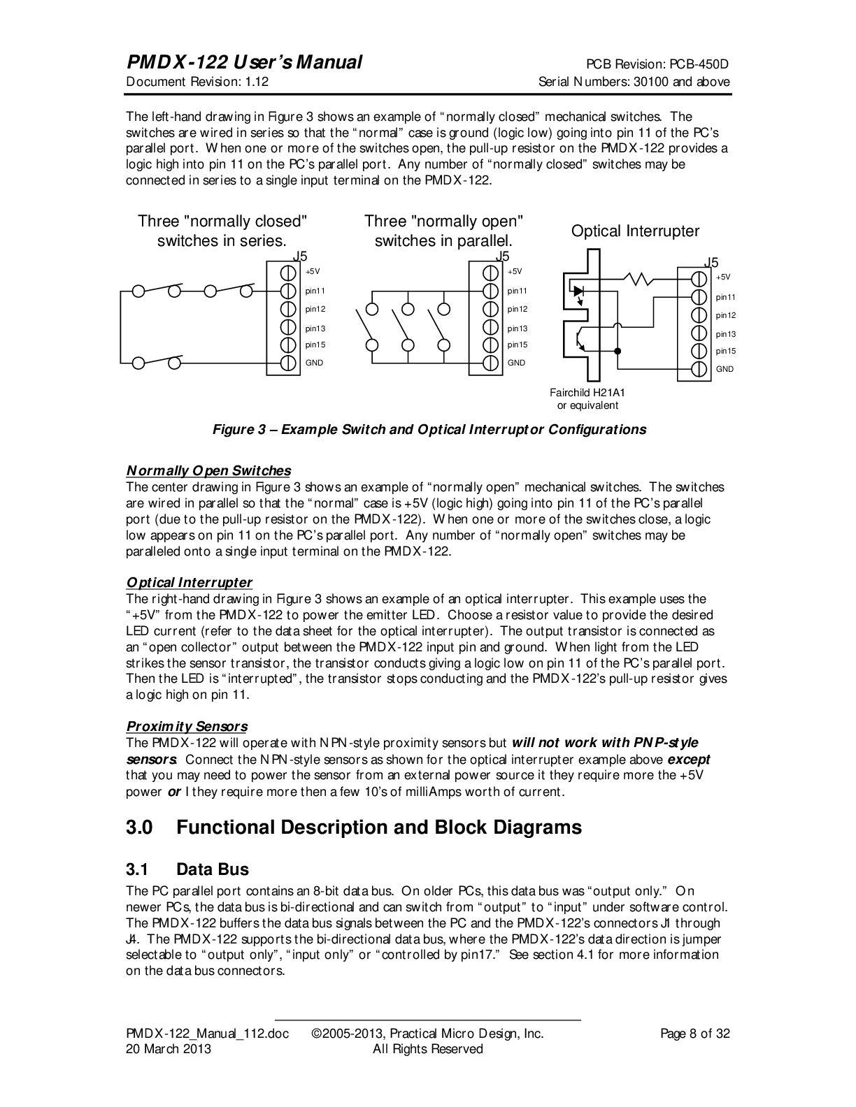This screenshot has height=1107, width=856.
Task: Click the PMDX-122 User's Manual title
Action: click(243, 62)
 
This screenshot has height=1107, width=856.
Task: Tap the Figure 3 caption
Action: click(429, 429)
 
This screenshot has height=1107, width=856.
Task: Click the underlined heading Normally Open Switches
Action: click(208, 470)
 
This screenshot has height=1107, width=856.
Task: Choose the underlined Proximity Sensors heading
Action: click(186, 726)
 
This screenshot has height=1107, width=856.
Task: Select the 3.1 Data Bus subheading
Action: click(187, 869)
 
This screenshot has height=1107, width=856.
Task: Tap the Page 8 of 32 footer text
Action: click(694, 1034)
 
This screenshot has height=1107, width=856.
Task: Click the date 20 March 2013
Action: click(168, 1049)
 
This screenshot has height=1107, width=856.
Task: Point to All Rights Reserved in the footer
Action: click(427, 1049)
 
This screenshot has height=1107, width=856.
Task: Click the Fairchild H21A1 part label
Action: click(587, 393)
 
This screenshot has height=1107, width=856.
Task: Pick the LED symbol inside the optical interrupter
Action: click(579, 291)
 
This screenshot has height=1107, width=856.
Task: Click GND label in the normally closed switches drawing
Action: click(314, 363)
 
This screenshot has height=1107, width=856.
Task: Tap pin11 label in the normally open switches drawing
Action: click(518, 291)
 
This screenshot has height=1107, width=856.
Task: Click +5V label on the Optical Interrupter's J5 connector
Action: click(723, 277)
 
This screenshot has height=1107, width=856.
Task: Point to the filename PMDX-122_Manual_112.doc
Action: click(207, 1034)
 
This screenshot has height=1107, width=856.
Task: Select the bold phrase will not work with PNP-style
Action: click(605, 742)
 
